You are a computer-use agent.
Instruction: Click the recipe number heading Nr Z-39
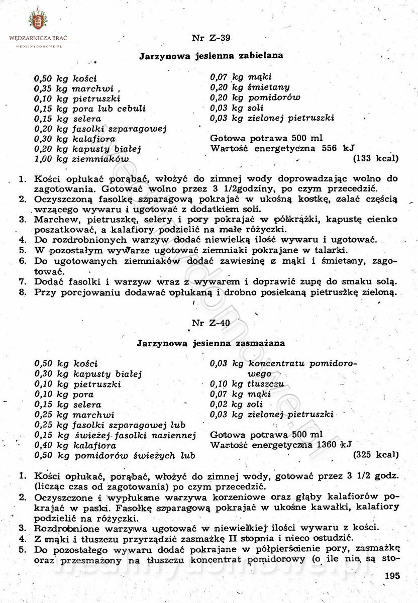[x=211, y=38]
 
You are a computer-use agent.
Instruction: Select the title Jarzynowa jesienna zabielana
[x=211, y=57]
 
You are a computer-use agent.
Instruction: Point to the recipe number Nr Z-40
[x=211, y=324]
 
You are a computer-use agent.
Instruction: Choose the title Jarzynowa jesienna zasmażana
[x=211, y=344]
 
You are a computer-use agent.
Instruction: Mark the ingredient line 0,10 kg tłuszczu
[x=247, y=384]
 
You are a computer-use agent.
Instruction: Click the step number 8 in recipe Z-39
[x=23, y=291]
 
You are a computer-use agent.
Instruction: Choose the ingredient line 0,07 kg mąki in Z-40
[x=241, y=394]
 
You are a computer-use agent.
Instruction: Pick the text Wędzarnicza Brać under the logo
[x=38, y=38]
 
